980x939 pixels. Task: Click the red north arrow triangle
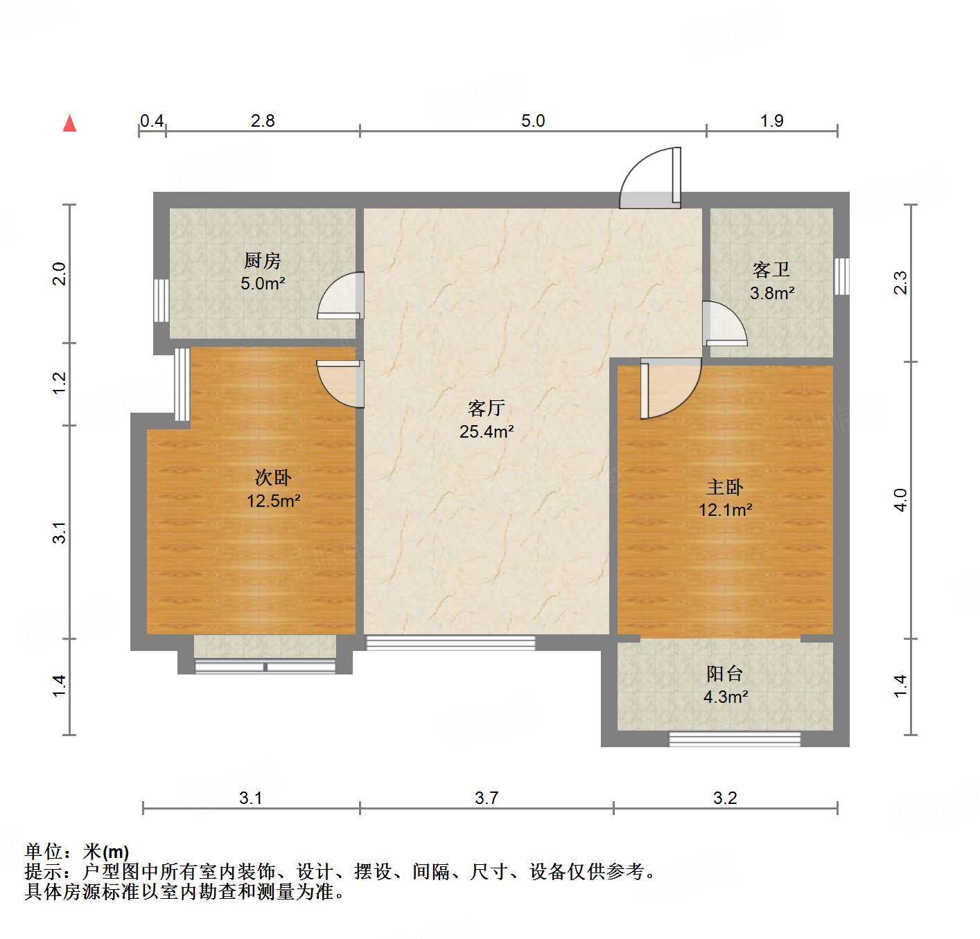coord(69,123)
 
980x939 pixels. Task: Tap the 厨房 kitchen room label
coord(263,261)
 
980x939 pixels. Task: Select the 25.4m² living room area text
coord(487,432)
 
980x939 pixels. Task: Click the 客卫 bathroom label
coord(771,270)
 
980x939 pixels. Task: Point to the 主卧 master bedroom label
coord(725,488)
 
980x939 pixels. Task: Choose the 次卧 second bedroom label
coord(273,478)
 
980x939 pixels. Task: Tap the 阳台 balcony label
coord(725,674)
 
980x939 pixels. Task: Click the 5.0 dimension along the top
coord(533,121)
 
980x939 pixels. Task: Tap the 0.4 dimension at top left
coord(152,121)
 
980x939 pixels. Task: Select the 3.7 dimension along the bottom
coord(487,798)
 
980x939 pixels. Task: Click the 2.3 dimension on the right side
coord(900,283)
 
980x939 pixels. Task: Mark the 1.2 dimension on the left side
coord(60,384)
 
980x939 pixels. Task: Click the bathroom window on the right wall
coord(841,276)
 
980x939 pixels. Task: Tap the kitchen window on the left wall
coord(161,300)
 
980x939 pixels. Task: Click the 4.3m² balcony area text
coord(726,697)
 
